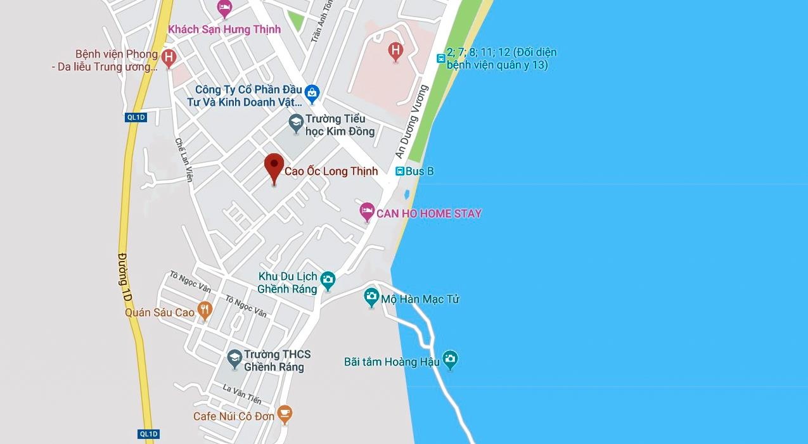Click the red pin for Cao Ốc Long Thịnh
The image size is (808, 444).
(274, 166)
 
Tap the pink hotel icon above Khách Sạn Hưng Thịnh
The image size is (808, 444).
(224, 8)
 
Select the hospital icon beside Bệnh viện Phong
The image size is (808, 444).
(169, 58)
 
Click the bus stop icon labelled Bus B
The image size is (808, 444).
(400, 171)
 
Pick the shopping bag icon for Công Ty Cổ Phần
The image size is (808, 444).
(311, 94)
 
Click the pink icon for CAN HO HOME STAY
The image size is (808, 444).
(366, 212)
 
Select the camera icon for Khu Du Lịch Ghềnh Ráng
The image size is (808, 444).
(328, 279)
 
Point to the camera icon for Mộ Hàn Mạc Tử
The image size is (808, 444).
(371, 296)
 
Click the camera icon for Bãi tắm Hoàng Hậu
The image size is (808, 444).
(450, 360)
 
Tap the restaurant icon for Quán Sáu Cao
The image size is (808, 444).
(204, 310)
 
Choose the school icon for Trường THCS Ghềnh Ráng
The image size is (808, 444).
(234, 358)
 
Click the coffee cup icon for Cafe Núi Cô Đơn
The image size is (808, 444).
(285, 414)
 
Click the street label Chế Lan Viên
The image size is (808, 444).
(183, 160)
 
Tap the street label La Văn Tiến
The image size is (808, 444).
(242, 393)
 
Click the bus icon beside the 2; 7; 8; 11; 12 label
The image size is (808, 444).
(441, 58)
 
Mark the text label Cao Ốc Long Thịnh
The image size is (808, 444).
(331, 171)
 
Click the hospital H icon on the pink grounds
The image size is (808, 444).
(395, 50)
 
